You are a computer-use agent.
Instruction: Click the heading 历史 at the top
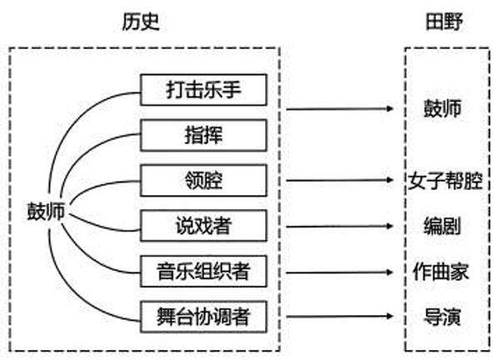(140, 22)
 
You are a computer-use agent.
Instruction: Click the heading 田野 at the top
(443, 22)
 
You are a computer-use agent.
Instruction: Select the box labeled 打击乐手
(203, 88)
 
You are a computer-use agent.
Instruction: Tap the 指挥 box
(203, 134)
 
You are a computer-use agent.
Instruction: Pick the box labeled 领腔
(203, 179)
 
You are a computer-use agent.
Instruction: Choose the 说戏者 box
(203, 225)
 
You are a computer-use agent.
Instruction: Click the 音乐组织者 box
(203, 271)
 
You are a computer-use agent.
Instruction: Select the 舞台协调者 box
(203, 317)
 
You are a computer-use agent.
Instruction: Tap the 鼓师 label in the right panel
(443, 108)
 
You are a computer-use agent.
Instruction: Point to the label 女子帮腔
(446, 180)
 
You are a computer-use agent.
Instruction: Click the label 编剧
(443, 226)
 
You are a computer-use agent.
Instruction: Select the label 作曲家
(443, 272)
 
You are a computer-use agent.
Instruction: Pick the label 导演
(443, 317)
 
